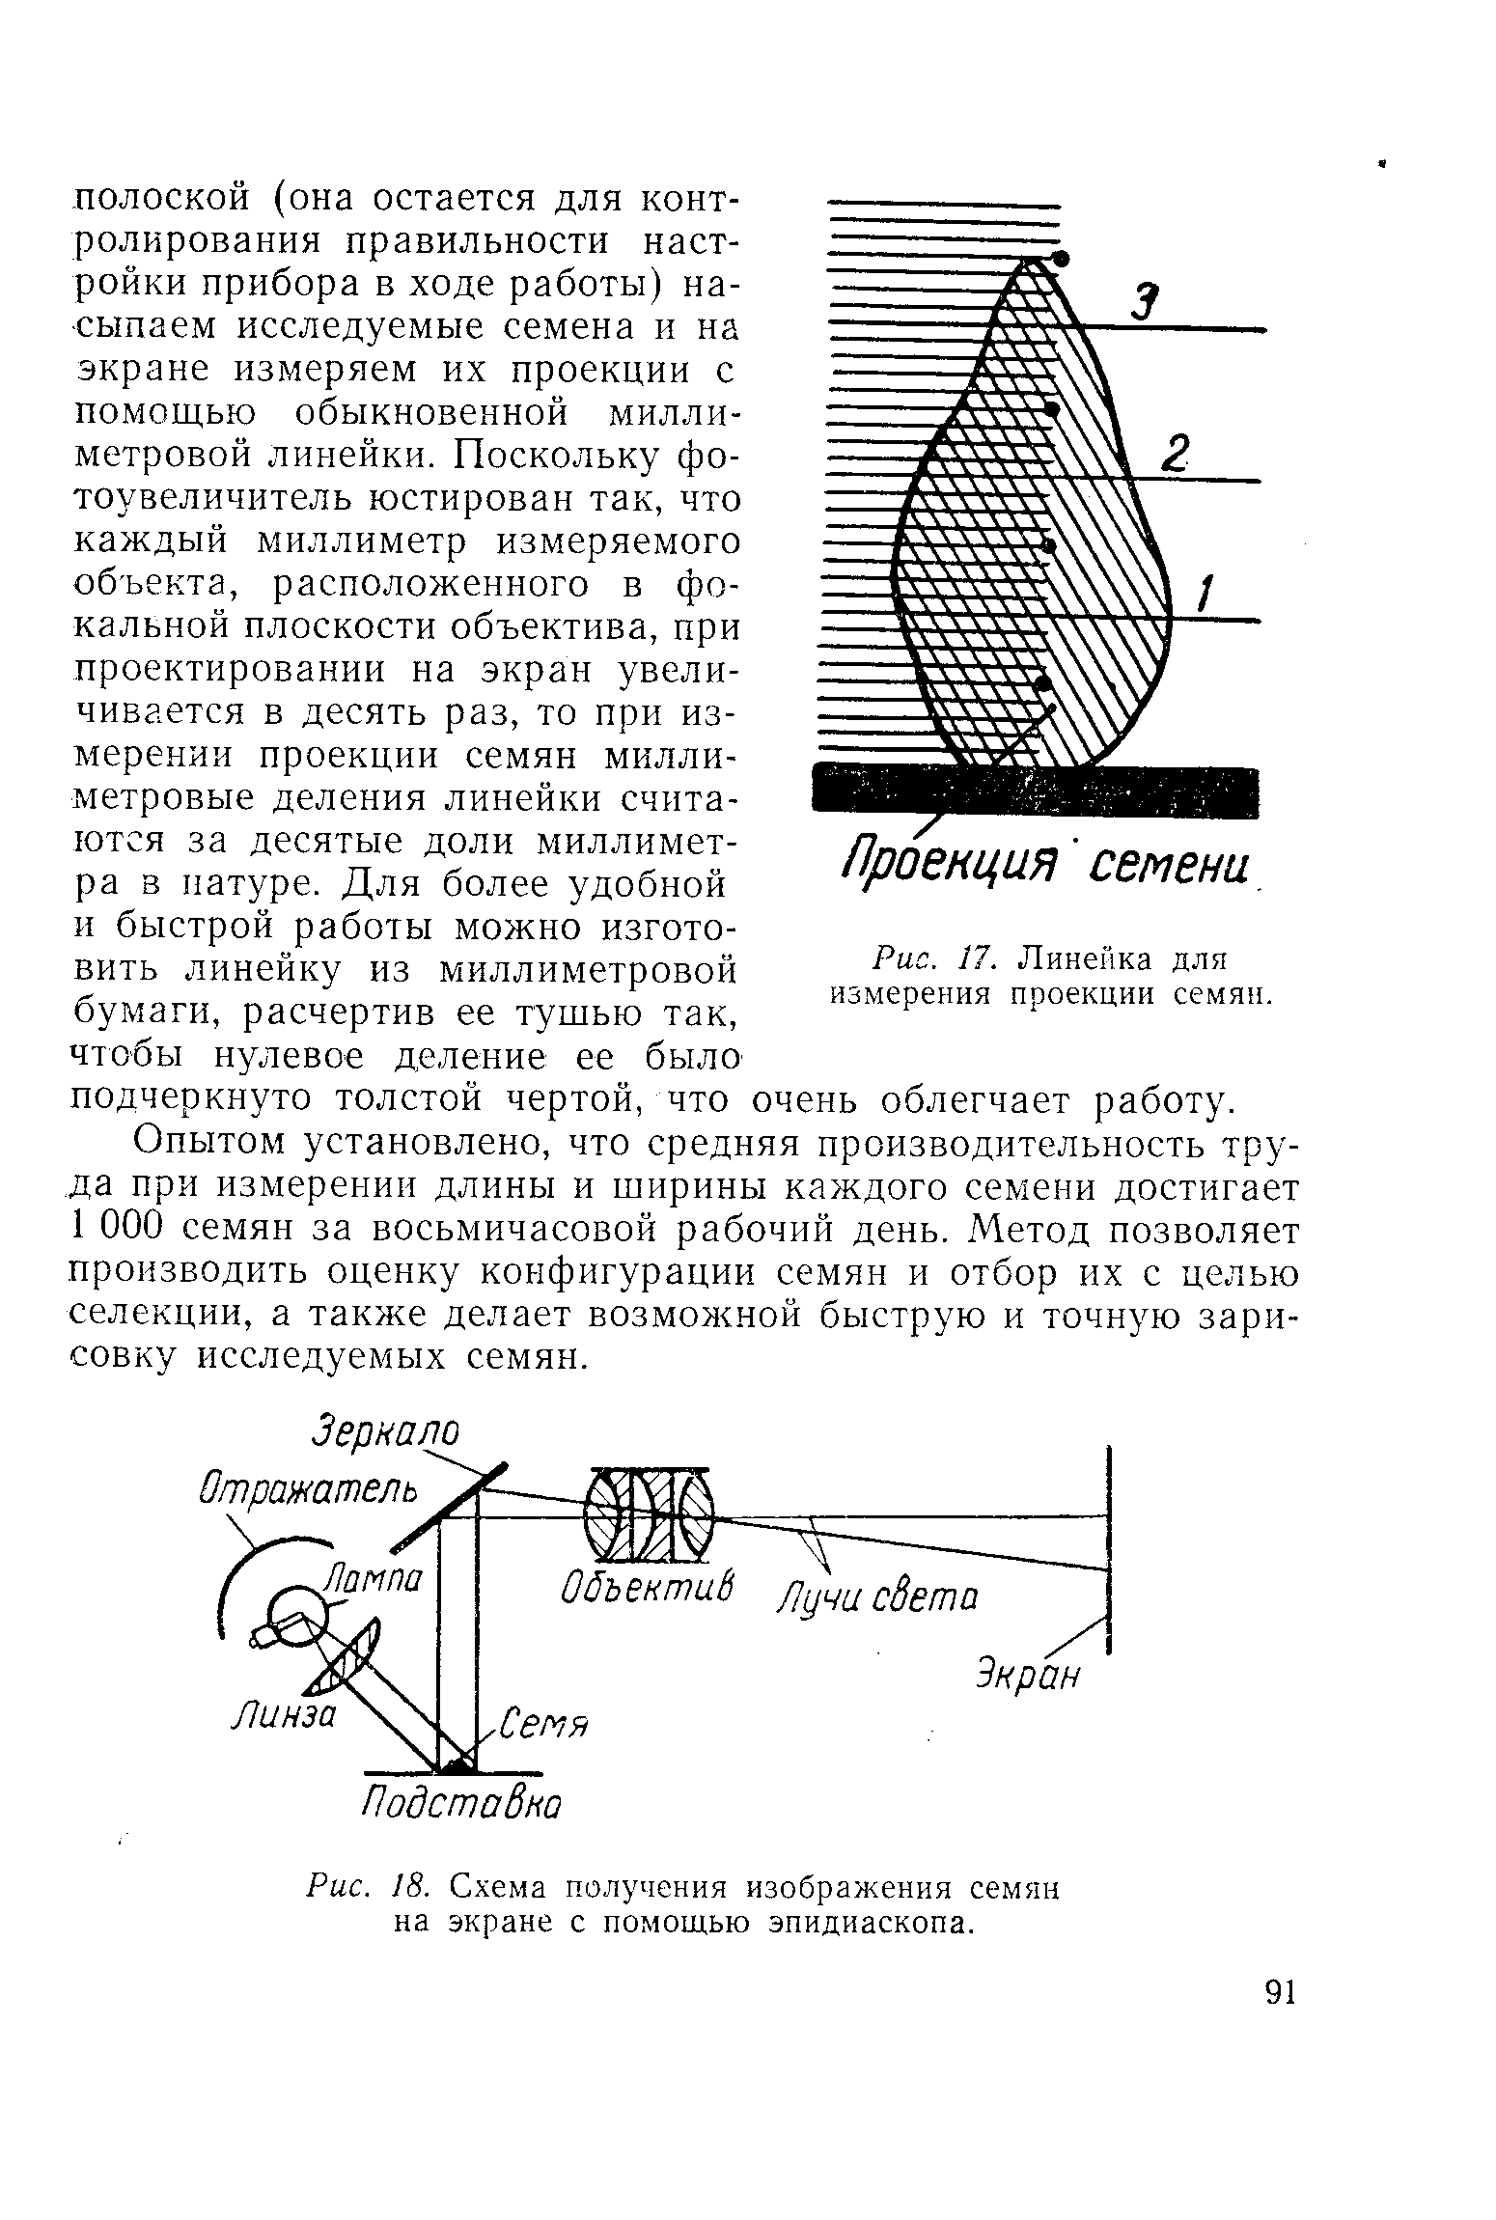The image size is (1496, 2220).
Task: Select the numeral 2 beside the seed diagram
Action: (1174, 453)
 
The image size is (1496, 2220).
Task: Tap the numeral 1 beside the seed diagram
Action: (1205, 591)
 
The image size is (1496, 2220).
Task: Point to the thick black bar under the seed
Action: (1038, 791)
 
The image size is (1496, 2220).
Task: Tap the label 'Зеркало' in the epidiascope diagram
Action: (385, 1431)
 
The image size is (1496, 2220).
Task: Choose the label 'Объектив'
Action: (647, 1586)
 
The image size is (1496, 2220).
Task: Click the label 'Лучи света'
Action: (877, 1599)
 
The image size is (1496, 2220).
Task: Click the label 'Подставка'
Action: (460, 1802)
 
